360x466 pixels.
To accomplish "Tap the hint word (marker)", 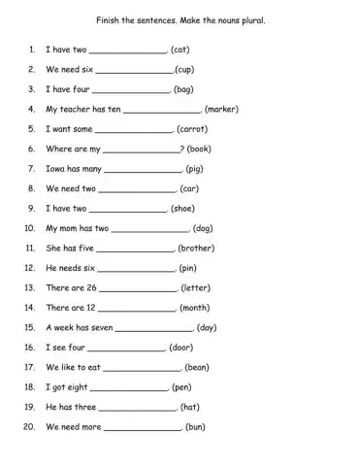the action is (x=223, y=109).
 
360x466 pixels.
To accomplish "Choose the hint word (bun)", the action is (x=195, y=427).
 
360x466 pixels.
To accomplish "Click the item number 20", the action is (x=29, y=427).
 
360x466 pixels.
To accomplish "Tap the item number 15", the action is (x=29, y=327).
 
